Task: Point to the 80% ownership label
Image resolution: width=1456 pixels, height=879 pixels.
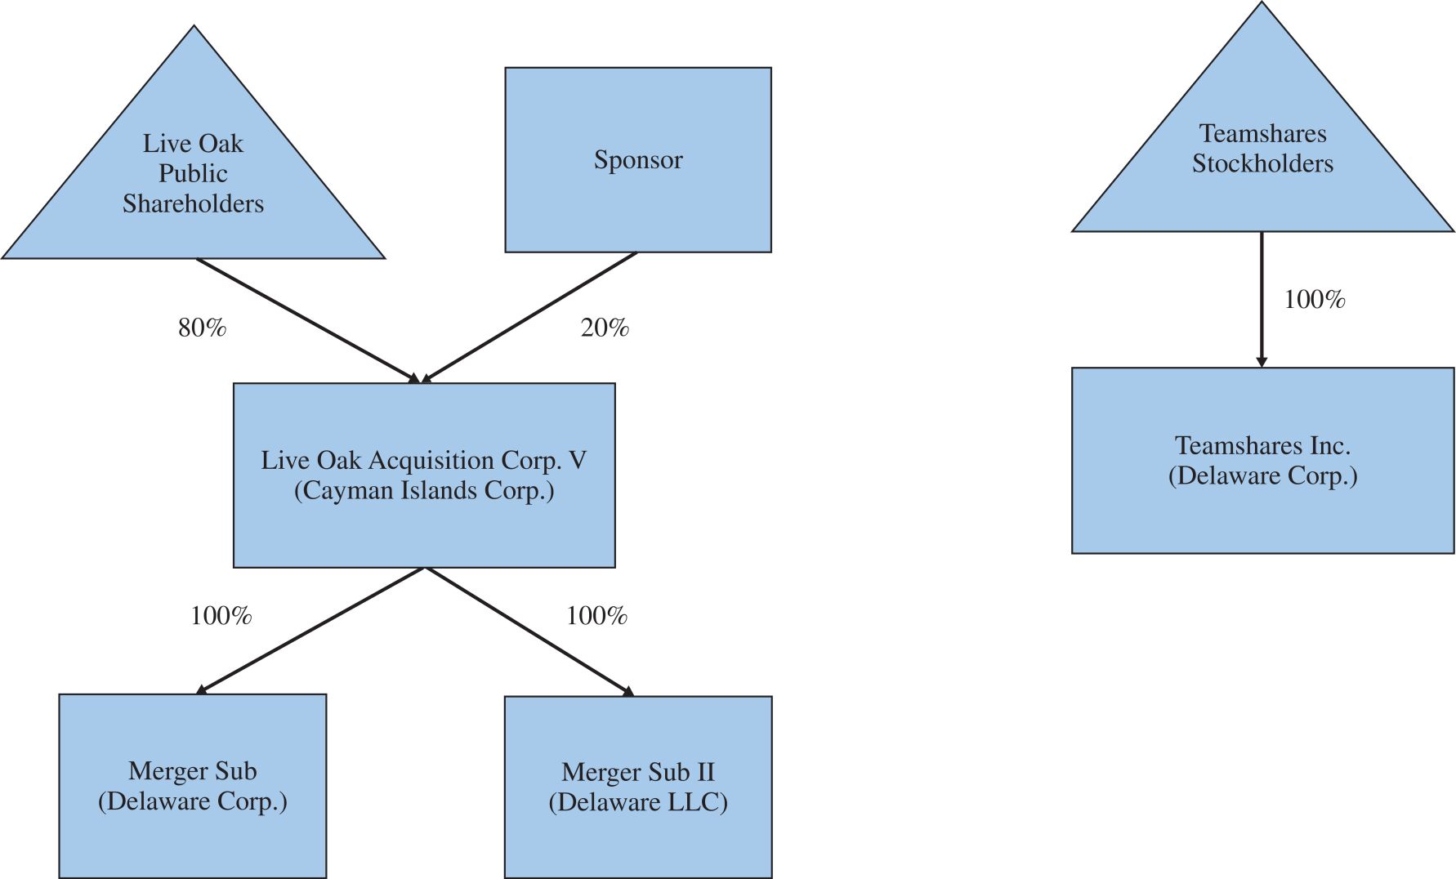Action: click(x=202, y=328)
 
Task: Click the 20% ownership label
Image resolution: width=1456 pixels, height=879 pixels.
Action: click(x=605, y=328)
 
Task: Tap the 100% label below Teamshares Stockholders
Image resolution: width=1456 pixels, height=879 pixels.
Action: click(x=1315, y=300)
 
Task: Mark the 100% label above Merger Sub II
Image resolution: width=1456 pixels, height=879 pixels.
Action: click(x=596, y=616)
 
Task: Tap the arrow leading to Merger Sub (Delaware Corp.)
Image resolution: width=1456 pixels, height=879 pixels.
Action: click(x=310, y=631)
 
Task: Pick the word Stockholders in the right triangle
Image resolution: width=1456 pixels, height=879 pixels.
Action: click(x=1262, y=164)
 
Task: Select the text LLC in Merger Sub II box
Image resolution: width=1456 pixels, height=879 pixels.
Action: click(x=694, y=802)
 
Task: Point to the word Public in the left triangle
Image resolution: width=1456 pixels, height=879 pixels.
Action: click(x=193, y=174)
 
